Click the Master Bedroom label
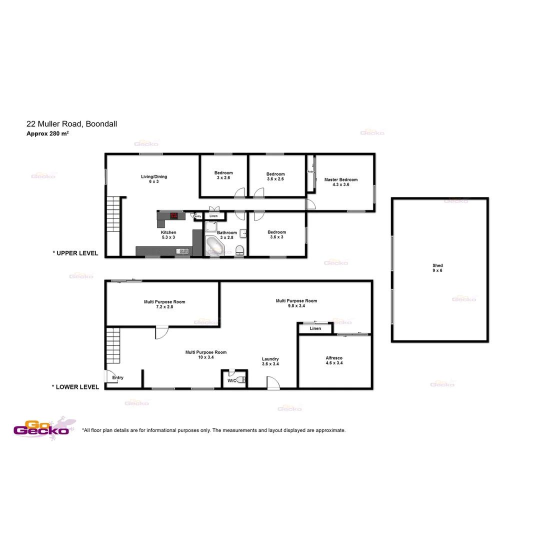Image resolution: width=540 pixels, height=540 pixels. click(340, 179)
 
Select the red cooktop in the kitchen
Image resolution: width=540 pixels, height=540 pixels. click(174, 216)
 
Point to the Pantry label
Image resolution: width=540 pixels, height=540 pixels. click(197, 216)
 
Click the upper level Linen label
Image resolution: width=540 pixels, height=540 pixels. click(213, 216)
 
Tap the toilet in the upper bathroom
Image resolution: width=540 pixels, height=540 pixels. click(239, 249)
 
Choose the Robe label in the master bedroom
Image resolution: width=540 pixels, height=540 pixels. click(310, 171)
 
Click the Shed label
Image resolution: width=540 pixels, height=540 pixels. click(437, 265)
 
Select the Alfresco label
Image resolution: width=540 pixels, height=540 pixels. click(333, 358)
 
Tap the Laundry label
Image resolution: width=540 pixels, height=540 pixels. click(270, 359)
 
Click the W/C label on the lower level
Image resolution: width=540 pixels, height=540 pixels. click(231, 381)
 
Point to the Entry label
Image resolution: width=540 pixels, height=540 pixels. click(118, 377)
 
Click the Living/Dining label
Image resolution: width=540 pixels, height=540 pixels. click(153, 176)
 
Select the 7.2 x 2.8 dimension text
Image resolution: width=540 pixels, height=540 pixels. click(164, 307)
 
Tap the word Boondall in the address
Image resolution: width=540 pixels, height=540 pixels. click(101, 123)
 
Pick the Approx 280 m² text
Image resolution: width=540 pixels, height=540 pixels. click(47, 133)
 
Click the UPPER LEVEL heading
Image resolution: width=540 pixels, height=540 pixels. click(75, 253)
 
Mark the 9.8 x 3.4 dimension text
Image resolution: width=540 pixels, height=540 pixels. click(296, 306)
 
